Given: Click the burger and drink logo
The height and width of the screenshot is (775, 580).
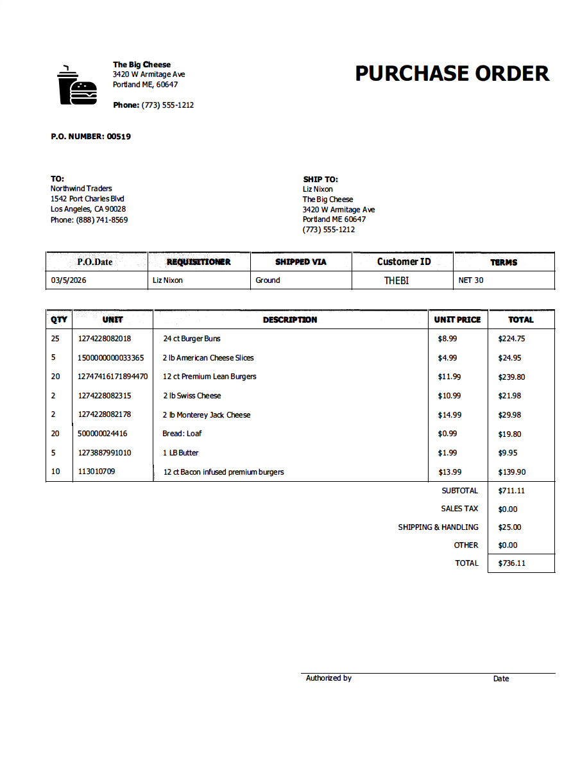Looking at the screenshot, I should [77, 85].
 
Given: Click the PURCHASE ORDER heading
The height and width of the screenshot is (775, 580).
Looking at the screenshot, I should [452, 74].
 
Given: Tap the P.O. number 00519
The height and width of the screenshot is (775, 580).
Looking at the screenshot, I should [119, 137].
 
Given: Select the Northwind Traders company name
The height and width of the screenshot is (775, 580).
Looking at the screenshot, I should [81, 189].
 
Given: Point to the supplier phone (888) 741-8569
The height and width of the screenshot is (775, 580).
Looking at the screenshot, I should [101, 220].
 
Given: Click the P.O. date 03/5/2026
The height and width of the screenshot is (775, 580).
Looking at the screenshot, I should [69, 280].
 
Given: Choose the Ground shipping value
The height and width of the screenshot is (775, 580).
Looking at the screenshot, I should [268, 280].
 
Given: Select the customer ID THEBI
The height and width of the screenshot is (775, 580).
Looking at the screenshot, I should [397, 280].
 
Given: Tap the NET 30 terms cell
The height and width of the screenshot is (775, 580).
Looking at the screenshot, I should [471, 280].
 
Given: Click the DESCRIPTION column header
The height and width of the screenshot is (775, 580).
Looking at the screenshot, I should [290, 319].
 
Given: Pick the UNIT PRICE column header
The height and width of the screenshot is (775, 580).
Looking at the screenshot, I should [457, 319].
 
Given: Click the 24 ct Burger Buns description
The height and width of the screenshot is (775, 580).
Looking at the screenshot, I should [192, 339].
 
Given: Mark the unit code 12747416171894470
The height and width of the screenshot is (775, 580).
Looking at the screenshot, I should [113, 377].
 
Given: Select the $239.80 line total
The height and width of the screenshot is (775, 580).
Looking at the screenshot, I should [511, 377].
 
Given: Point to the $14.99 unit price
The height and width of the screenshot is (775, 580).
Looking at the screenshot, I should [449, 415].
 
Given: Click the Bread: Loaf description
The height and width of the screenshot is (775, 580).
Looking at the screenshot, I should [182, 434].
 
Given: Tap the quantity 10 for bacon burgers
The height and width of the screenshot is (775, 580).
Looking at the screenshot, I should [56, 472].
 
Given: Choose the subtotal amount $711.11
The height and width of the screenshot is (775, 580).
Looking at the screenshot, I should [511, 491].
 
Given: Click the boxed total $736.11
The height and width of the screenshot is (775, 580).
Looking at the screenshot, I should [511, 563].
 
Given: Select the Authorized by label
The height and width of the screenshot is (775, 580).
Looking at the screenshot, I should [328, 678].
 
